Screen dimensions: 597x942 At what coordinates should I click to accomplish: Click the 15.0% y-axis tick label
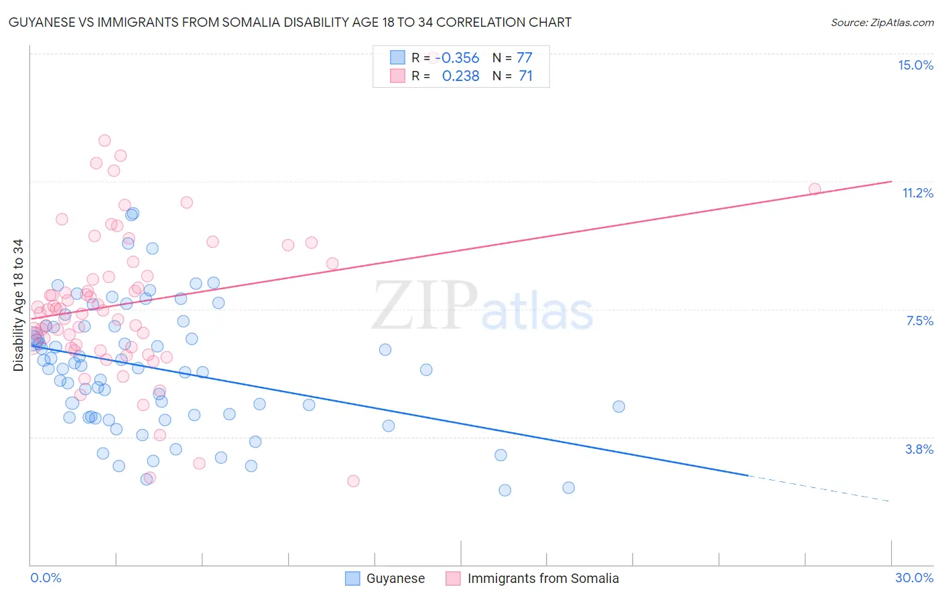915,65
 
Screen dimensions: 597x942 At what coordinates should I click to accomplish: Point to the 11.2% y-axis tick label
917,193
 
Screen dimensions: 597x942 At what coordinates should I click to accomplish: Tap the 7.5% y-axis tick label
919,321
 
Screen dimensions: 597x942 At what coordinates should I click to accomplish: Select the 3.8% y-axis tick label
919,449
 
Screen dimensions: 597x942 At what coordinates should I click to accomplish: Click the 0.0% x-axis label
46,578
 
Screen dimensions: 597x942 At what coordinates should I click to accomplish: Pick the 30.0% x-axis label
914,578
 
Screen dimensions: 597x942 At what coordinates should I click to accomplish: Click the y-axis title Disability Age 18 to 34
18,305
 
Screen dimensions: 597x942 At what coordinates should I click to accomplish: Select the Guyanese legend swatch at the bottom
353,578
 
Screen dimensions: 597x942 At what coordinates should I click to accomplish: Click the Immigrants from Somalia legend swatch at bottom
454,578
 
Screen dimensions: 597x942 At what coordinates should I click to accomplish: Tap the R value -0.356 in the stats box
460,58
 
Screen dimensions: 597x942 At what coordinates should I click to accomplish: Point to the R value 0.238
460,76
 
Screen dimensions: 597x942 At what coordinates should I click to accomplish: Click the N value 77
524,58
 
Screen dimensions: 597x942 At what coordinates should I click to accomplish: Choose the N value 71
525,76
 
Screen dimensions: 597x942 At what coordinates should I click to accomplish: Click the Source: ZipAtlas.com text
882,22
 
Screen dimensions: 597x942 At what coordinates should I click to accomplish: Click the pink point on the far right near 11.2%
815,189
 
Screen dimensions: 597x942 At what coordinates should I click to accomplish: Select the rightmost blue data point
618,406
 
